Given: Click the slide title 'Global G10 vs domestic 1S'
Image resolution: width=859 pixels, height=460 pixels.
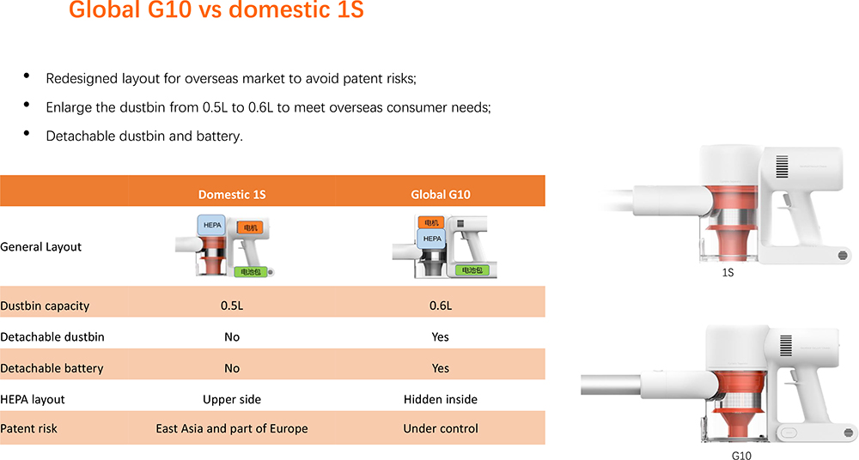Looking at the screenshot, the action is tap(216, 9).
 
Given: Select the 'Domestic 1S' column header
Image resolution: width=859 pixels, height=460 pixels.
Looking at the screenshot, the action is tap(232, 195).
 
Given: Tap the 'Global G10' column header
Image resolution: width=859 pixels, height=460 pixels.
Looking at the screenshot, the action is tap(441, 195).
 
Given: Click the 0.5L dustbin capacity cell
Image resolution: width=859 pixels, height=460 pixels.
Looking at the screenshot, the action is tap(232, 306).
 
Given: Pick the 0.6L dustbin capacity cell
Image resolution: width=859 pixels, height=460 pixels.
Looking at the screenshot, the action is tap(441, 306).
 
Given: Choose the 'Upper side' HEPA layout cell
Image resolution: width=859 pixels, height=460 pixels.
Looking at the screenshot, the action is tap(232, 400).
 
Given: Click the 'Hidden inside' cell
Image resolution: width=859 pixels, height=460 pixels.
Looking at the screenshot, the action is tap(441, 400).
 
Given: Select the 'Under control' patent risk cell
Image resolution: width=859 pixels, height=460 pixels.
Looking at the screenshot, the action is tap(441, 429).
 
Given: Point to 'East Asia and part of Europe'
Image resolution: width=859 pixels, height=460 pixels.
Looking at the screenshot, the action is tap(232, 429).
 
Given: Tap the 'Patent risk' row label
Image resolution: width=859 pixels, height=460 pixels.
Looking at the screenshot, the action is tap(28, 429).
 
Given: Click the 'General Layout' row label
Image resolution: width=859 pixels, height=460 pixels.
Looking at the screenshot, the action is tap(40, 247).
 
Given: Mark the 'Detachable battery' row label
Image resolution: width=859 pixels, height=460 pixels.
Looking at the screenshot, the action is tap(52, 368).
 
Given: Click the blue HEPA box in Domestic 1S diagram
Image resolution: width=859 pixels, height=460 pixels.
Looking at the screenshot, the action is tap(211, 226).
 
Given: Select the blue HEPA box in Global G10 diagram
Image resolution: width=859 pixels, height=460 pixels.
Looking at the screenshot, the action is tap(432, 239).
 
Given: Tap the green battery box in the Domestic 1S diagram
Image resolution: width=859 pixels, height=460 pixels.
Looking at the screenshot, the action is tap(251, 271).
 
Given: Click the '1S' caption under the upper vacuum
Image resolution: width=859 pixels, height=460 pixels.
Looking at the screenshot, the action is tap(728, 273).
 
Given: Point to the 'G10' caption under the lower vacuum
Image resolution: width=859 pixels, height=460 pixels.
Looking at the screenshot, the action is tap(741, 455).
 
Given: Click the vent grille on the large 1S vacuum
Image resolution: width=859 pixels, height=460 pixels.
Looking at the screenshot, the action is tap(782, 166).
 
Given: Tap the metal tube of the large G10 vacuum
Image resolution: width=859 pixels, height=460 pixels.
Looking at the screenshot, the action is tap(611, 385).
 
